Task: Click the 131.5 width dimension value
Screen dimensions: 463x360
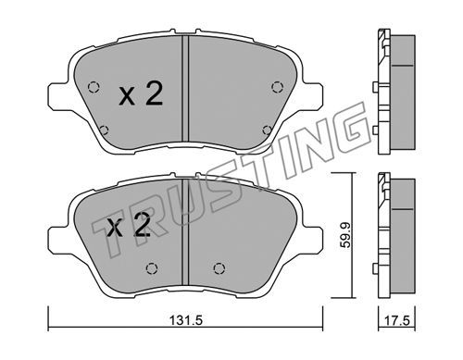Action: click(x=186, y=320)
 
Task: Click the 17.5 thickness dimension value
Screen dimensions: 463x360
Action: click(x=397, y=320)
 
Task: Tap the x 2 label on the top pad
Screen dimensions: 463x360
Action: click(x=141, y=94)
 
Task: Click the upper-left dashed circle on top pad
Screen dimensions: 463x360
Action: click(x=94, y=87)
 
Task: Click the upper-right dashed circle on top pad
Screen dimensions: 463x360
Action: click(x=277, y=87)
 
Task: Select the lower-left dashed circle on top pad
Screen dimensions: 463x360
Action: click(x=104, y=130)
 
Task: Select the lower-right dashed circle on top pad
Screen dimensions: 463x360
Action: click(x=268, y=130)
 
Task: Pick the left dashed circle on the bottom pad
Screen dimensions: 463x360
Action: click(x=152, y=268)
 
